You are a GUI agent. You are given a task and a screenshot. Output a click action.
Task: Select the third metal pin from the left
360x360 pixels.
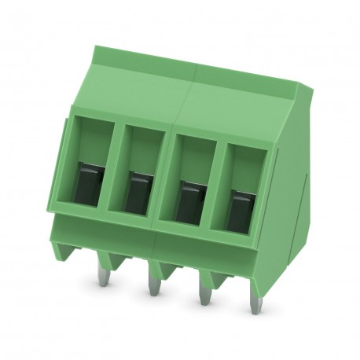click(x=204, y=292)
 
